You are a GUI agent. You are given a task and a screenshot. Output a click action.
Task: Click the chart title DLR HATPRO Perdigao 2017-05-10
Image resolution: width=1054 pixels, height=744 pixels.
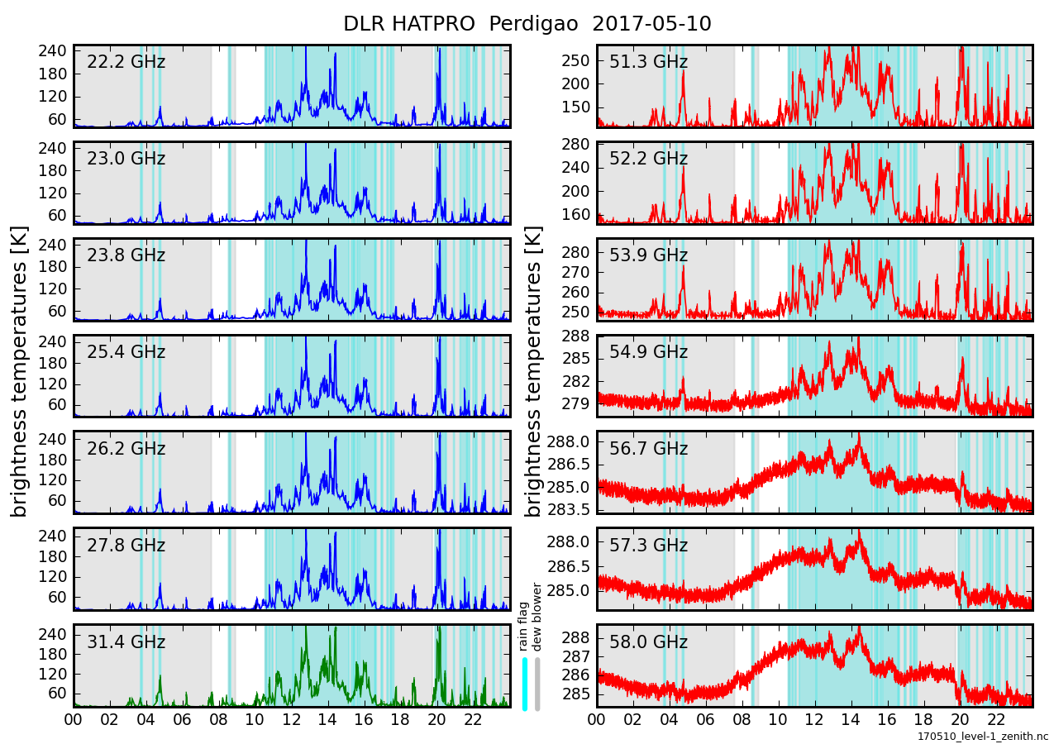527,24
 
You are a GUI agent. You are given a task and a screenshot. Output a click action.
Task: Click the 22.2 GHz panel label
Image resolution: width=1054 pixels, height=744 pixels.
126,62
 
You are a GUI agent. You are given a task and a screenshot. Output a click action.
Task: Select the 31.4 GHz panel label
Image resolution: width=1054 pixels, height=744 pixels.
126,642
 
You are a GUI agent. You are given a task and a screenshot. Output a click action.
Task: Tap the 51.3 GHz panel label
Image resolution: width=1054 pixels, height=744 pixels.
648,62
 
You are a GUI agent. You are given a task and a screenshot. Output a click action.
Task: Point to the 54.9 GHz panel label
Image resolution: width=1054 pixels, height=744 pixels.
648,352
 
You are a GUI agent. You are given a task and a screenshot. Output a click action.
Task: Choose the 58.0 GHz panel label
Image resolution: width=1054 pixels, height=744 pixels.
648,642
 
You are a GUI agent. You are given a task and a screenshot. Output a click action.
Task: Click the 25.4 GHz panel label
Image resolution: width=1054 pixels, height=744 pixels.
126,352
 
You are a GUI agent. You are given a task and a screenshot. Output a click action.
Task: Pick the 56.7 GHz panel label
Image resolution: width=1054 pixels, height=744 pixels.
648,449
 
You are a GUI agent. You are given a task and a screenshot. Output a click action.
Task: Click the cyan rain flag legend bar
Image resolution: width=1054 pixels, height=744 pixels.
524,684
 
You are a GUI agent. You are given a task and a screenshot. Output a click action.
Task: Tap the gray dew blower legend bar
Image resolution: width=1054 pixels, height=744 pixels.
537,684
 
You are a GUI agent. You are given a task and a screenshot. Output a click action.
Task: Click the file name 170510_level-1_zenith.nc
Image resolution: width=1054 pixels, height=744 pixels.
982,736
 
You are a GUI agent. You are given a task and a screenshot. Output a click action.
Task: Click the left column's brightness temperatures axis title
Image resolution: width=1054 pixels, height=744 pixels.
20,371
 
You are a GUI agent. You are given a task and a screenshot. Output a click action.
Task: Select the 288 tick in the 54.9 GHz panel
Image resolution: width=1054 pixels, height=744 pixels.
575,336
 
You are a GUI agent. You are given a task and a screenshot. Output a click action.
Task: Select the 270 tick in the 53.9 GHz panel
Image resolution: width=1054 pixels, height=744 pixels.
575,272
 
